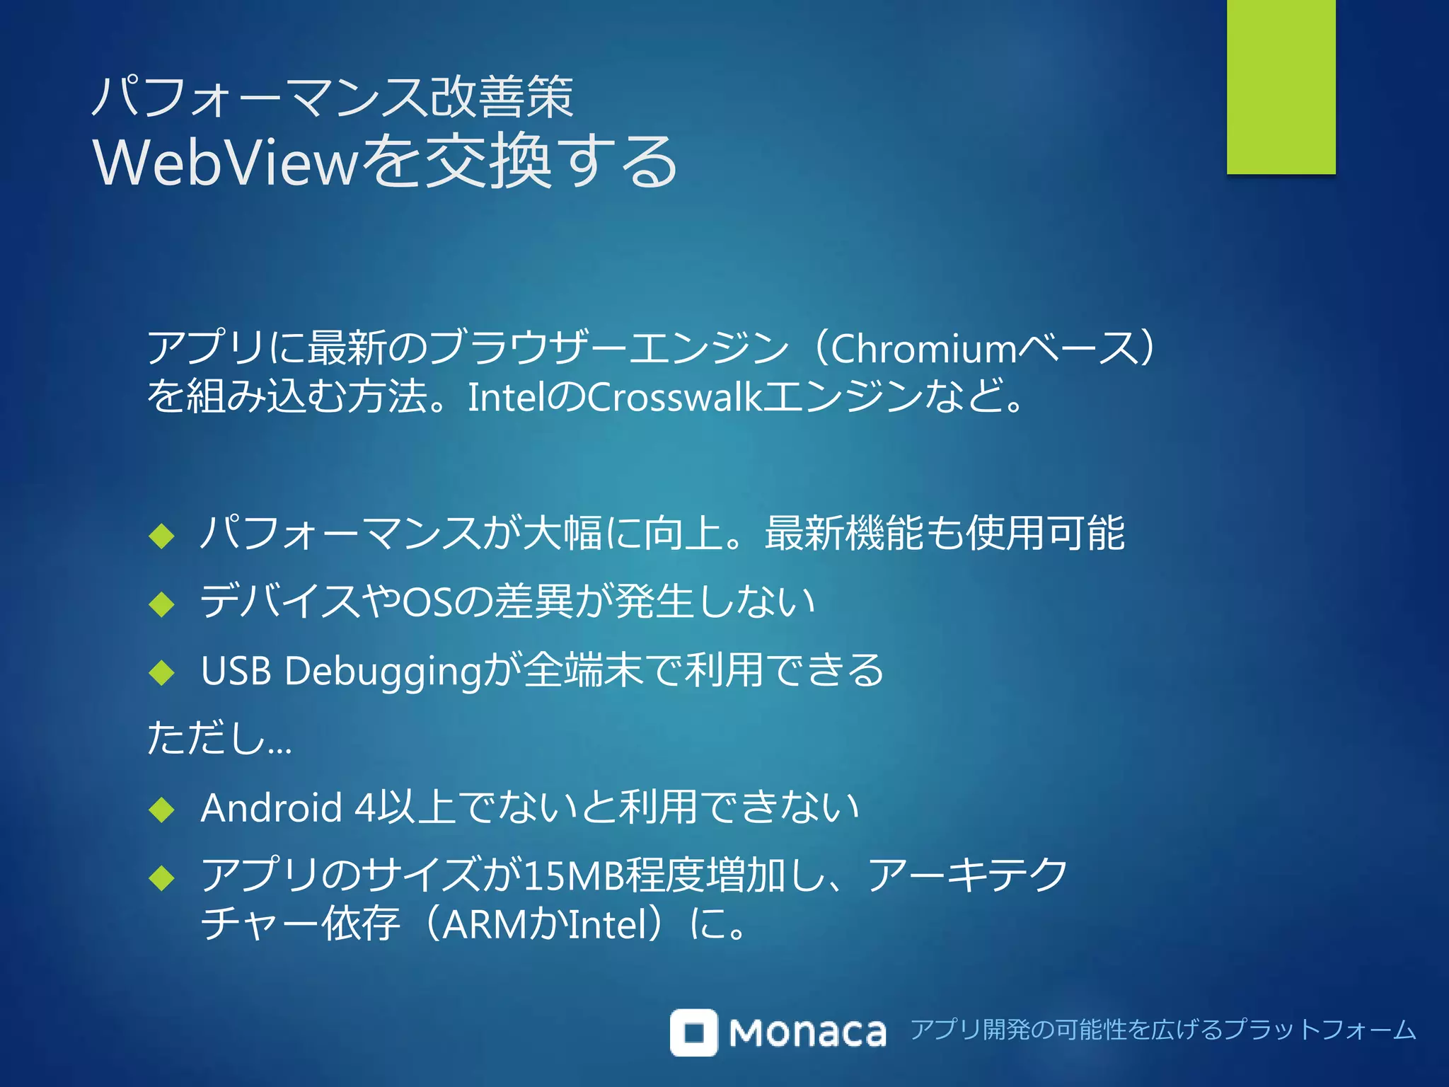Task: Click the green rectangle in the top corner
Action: click(x=1281, y=86)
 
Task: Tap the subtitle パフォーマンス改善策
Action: click(x=333, y=98)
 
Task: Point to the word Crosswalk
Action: click(x=675, y=397)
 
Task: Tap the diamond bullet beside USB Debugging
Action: click(x=162, y=672)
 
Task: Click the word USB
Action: click(x=236, y=671)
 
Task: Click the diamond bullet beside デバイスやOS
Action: click(x=162, y=604)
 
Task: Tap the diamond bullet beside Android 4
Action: click(x=162, y=810)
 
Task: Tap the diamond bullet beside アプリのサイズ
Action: click(x=162, y=878)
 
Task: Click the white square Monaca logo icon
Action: click(x=693, y=1033)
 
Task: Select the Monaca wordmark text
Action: click(x=807, y=1033)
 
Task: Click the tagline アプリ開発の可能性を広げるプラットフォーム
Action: click(x=1162, y=1030)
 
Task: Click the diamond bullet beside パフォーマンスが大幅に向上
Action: click(x=162, y=536)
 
